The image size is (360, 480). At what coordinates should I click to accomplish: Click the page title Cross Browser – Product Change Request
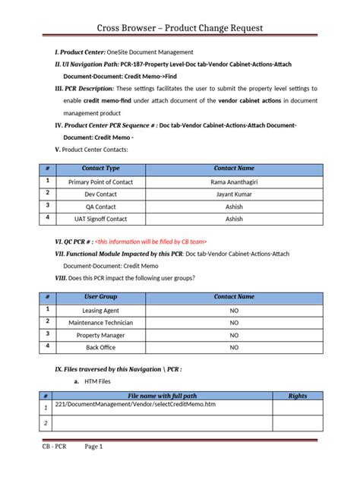[179, 28]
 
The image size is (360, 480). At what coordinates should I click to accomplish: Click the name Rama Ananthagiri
[234, 182]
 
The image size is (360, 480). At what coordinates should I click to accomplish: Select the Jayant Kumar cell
[234, 194]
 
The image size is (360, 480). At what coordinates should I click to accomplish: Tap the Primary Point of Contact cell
[101, 182]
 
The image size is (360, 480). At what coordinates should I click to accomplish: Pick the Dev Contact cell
[101, 194]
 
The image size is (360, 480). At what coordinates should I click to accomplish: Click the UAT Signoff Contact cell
[101, 219]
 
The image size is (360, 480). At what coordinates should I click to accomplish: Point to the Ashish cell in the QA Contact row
[234, 206]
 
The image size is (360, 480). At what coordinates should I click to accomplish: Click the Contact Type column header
[101, 168]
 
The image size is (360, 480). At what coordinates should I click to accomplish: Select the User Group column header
[101, 297]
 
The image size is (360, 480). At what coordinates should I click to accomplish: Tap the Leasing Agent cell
[101, 311]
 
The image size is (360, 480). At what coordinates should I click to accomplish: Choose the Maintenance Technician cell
[101, 323]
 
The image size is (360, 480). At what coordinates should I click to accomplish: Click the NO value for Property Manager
[234, 335]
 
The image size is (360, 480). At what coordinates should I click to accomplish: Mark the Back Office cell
[101, 347]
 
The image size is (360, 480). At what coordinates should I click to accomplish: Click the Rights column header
[298, 396]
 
